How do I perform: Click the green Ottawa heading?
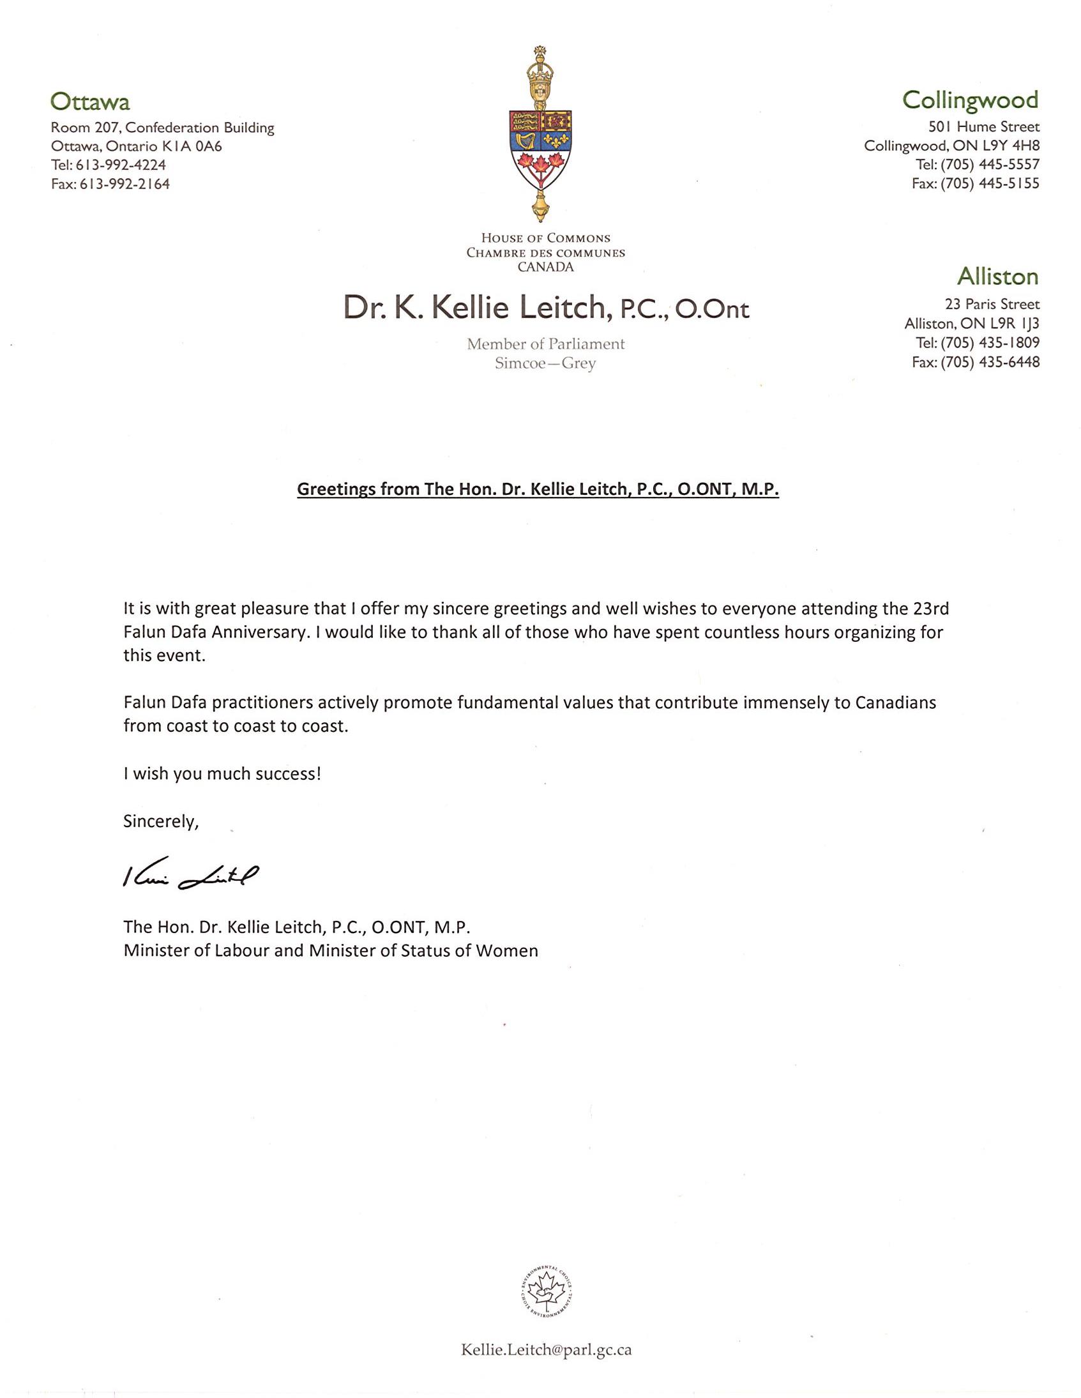point(89,102)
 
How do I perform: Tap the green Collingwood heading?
point(971,100)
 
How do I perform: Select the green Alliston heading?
point(997,277)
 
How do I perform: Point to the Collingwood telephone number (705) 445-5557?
point(990,165)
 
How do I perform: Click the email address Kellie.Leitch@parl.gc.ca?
point(546,1350)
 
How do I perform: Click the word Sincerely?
point(162,821)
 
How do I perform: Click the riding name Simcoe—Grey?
point(545,363)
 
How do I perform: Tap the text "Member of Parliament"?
point(545,344)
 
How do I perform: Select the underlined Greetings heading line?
point(538,490)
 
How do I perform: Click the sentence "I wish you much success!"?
point(222,774)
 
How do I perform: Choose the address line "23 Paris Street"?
point(992,304)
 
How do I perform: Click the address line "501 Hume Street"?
point(984,127)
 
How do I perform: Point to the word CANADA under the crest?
point(545,267)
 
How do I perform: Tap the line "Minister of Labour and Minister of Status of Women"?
point(330,950)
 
